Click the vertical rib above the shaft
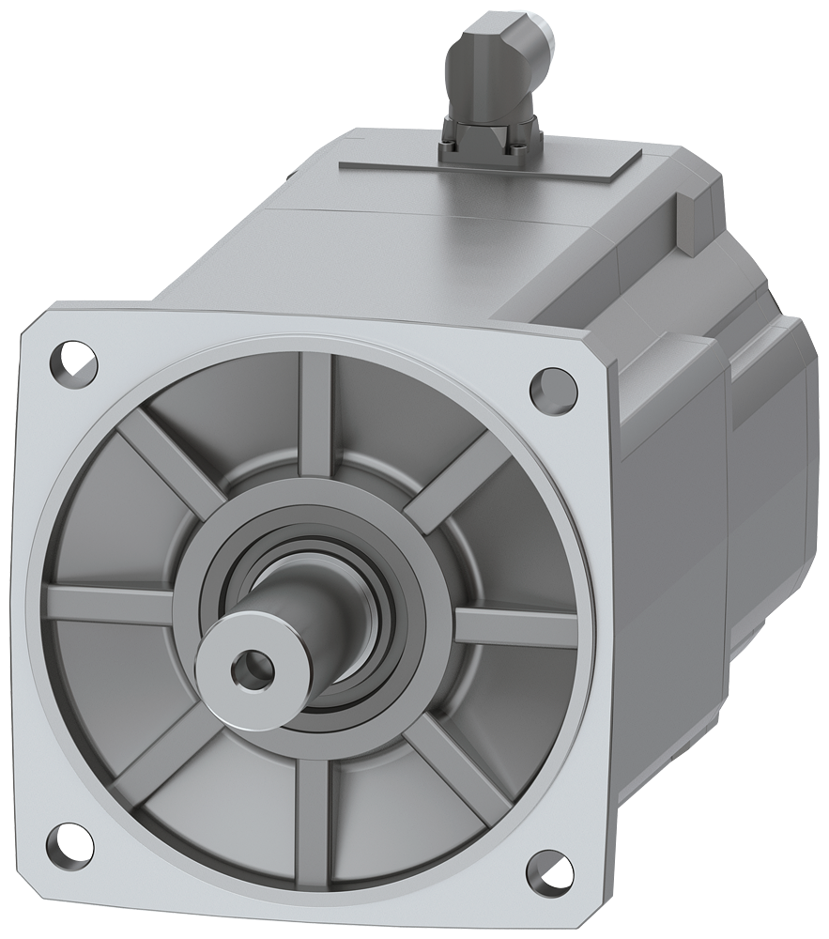coord(315,413)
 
